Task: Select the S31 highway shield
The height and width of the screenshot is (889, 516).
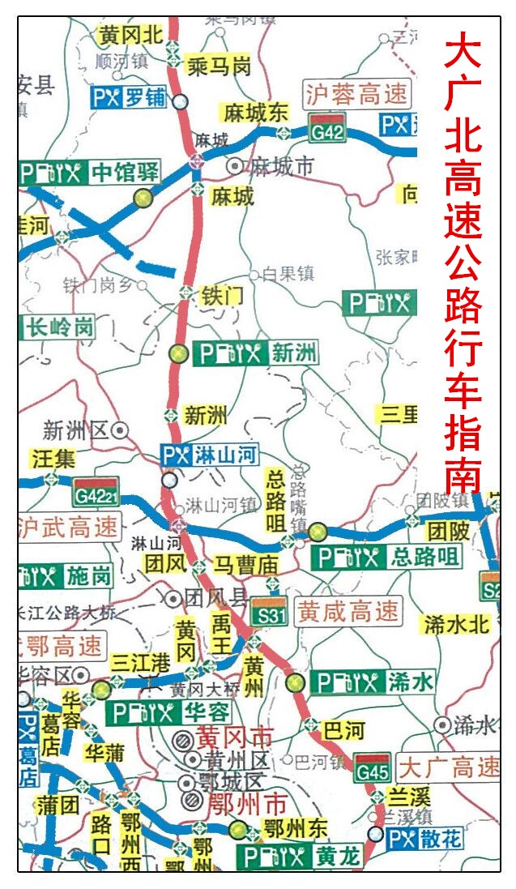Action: (x=269, y=613)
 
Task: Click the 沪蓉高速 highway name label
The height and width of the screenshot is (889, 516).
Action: (x=356, y=96)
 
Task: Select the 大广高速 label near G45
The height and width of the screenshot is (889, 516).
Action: (x=449, y=766)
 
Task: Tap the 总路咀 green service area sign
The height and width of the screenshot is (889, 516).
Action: (x=387, y=557)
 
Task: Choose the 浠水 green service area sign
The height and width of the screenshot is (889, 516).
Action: (x=372, y=682)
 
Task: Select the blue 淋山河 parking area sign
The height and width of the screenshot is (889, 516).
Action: (x=209, y=455)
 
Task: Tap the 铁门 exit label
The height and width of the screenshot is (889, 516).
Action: (x=221, y=296)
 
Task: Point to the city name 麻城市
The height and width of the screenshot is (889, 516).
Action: (x=280, y=166)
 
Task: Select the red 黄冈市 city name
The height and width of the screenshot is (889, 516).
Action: (x=235, y=737)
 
